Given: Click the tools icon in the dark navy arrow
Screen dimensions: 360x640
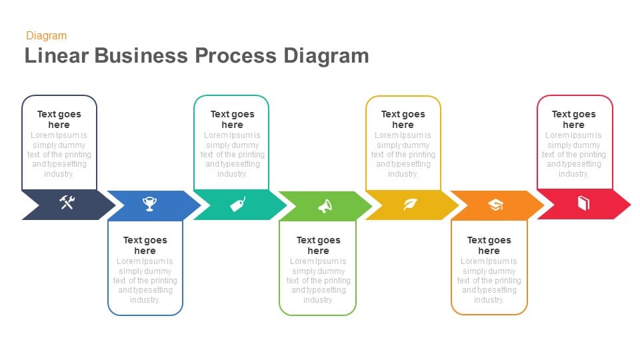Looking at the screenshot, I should point(67,203).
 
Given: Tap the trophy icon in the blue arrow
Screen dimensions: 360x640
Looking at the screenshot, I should point(150,204).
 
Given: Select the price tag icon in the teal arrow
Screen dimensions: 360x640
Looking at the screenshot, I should point(238,204).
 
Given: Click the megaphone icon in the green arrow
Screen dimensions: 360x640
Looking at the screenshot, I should point(325,206).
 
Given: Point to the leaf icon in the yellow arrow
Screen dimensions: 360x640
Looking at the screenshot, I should point(410,205).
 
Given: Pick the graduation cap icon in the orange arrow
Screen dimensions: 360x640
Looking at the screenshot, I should point(495,205).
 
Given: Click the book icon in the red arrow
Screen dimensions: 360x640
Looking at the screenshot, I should point(583,203).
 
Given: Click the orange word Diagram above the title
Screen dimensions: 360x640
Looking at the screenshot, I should point(47,36).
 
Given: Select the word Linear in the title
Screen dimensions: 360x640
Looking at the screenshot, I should point(56,55).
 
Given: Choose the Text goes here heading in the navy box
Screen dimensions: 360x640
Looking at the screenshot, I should point(59,119).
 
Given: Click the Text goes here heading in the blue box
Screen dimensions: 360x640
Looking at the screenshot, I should point(145,245).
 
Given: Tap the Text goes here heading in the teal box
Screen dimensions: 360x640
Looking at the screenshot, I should point(232,119).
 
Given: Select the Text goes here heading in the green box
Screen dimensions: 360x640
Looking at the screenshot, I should point(318,245).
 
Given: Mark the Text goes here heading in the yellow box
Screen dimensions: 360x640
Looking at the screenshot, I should point(403,119).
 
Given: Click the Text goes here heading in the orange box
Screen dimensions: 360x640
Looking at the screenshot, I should point(489,245).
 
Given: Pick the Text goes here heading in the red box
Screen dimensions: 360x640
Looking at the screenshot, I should point(573,119).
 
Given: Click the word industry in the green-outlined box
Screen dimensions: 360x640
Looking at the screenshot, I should point(318,300).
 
